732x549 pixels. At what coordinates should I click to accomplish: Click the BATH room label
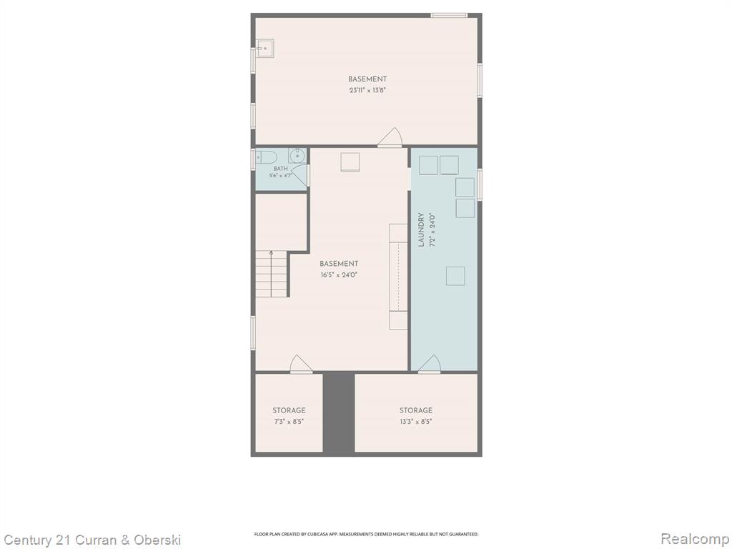coord(280,169)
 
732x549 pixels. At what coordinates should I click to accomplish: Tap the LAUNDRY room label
coord(421,229)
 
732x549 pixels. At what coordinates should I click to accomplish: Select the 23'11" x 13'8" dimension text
coord(367,91)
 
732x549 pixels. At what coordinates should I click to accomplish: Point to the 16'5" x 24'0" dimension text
coord(339,275)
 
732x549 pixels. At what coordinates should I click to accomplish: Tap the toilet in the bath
coord(267,157)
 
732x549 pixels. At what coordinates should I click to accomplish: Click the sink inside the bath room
coord(297,156)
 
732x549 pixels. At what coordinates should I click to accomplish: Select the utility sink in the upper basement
coord(264,49)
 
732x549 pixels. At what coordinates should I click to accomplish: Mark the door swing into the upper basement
coord(391,137)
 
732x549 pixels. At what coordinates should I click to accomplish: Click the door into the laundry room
coord(430,364)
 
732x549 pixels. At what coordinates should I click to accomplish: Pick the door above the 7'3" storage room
coord(301,364)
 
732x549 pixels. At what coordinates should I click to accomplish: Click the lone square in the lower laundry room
coord(455,276)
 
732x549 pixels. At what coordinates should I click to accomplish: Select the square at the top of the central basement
coord(350,162)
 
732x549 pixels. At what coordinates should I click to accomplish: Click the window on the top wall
coord(449,16)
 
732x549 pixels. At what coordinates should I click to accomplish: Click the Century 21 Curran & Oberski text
coord(92,540)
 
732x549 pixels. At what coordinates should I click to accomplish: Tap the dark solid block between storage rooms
coord(339,412)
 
